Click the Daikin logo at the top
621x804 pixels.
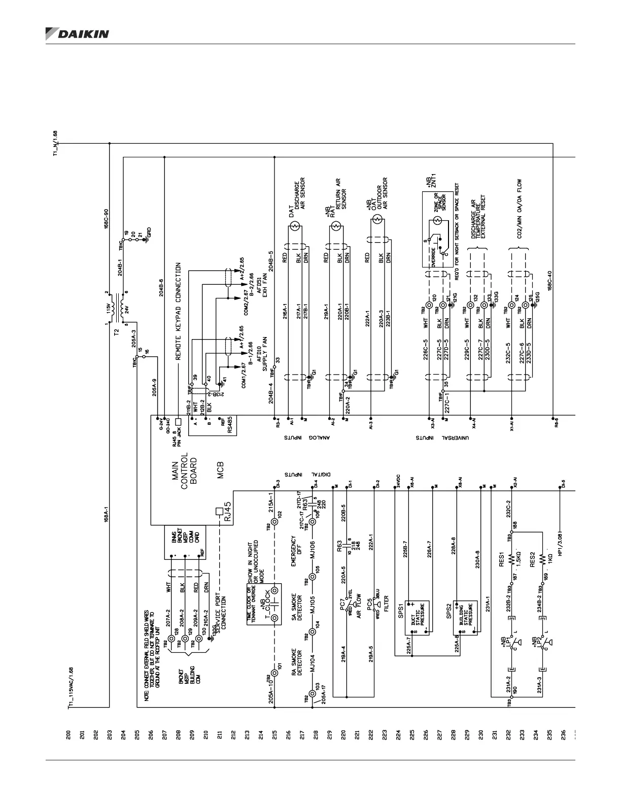(77, 33)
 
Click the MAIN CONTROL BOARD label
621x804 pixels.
(184, 470)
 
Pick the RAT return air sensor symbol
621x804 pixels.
(335, 227)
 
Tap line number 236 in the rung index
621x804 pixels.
(562, 734)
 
